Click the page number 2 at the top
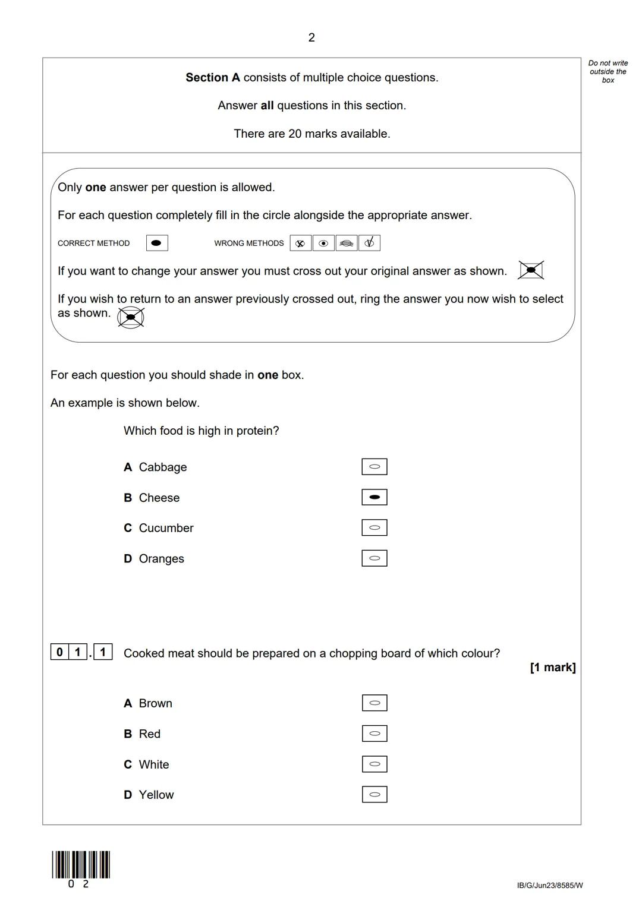(x=311, y=38)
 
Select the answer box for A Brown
(x=374, y=703)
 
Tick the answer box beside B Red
(x=374, y=734)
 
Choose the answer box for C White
(x=374, y=764)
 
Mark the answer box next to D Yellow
(x=374, y=794)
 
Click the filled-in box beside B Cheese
(x=374, y=497)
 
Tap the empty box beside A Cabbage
(x=374, y=467)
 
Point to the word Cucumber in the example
(x=166, y=528)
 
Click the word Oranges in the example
(x=161, y=559)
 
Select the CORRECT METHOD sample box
(x=157, y=243)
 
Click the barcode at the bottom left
(x=81, y=865)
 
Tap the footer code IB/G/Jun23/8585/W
(x=550, y=886)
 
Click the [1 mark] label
(x=552, y=668)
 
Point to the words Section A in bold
(x=213, y=78)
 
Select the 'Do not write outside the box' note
(x=608, y=71)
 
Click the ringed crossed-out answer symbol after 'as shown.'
(x=131, y=317)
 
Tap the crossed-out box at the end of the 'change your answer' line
(x=531, y=270)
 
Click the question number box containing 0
(x=59, y=652)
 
